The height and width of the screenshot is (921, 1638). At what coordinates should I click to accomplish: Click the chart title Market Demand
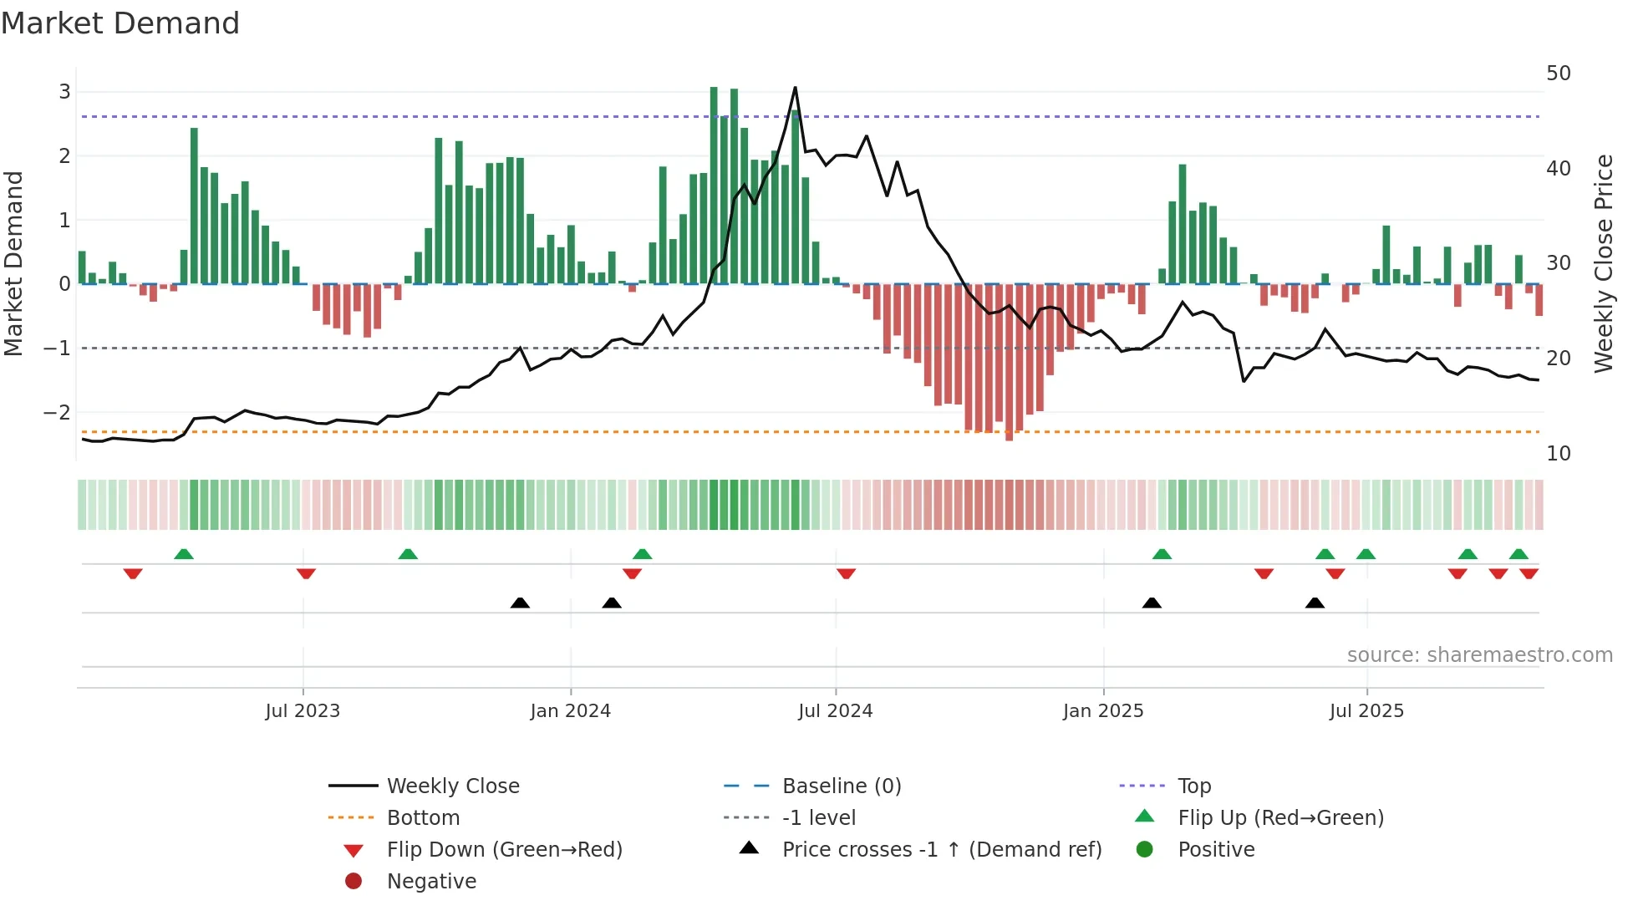click(x=120, y=23)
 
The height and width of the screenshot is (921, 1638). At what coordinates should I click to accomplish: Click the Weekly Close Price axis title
click(x=1603, y=263)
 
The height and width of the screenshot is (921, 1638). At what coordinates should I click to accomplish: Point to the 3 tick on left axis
click(x=64, y=92)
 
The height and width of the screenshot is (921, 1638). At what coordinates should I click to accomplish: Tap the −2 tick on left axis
click(x=57, y=412)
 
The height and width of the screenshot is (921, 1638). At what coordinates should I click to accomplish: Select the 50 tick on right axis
click(x=1558, y=74)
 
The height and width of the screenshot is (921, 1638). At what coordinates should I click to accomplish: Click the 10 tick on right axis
click(x=1558, y=454)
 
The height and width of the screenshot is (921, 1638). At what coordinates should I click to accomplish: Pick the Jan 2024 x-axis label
click(x=570, y=711)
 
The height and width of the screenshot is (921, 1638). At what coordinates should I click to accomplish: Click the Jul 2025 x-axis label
click(x=1366, y=711)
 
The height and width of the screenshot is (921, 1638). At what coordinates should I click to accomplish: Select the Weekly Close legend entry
click(x=452, y=786)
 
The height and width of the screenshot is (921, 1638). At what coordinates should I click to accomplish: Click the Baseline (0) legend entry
click(x=841, y=786)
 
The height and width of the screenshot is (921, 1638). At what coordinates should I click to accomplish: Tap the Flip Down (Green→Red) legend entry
click(x=504, y=850)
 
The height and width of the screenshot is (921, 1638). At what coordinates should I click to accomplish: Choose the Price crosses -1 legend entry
click(x=941, y=850)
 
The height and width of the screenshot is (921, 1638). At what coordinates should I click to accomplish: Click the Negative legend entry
click(x=431, y=882)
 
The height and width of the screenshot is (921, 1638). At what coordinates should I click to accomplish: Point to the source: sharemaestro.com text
click(x=1479, y=655)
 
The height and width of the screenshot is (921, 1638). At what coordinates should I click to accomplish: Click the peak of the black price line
click(x=795, y=88)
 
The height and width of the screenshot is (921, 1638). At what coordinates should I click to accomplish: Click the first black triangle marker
click(x=520, y=603)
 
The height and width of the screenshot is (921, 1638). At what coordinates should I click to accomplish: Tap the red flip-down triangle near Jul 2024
click(x=846, y=573)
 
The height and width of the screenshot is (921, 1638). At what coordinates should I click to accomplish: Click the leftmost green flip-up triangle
click(x=184, y=553)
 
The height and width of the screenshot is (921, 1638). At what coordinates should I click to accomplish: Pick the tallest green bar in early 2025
click(x=1183, y=224)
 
